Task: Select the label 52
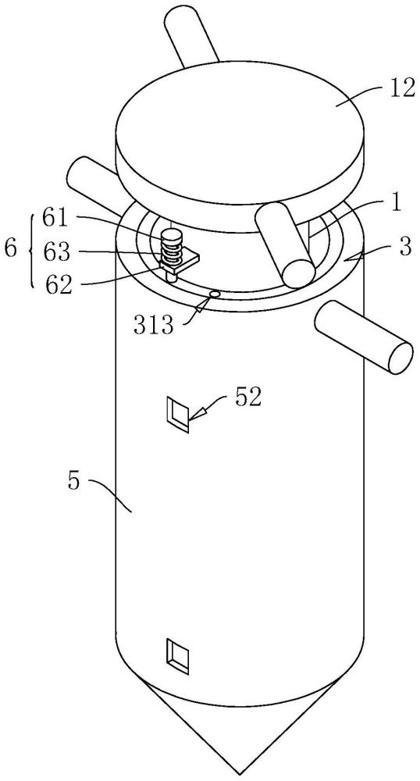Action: coord(247,399)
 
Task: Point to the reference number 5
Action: coord(73,482)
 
